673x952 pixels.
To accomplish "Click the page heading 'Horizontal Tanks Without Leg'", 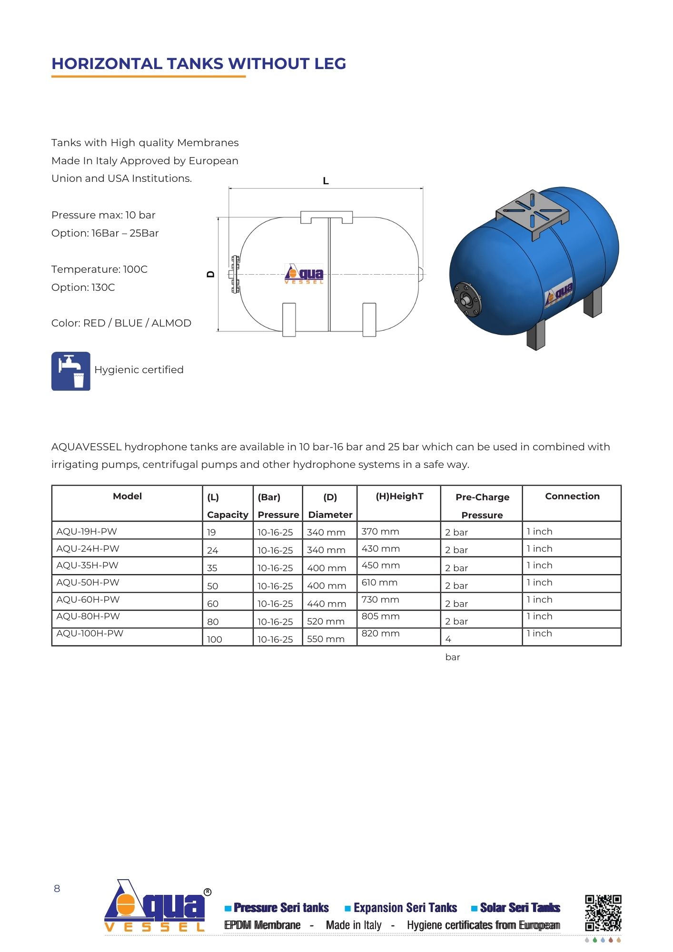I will click(x=198, y=64).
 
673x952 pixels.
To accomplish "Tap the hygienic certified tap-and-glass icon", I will click(x=71, y=371).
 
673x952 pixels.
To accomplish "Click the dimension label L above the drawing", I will click(x=326, y=181).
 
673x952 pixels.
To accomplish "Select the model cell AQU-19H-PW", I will click(x=87, y=531).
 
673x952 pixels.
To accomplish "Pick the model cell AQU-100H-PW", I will click(x=90, y=634).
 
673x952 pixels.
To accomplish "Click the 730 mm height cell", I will click(x=380, y=600).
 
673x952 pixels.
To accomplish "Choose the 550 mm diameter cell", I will click(x=326, y=639).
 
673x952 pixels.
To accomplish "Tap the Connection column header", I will click(x=572, y=496).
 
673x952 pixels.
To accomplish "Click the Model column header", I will click(x=127, y=496).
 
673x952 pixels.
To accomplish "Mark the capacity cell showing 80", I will click(x=213, y=622).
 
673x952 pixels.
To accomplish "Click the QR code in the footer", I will click(x=603, y=913).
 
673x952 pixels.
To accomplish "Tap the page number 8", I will click(x=57, y=889).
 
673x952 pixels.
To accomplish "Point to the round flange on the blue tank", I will click(x=467, y=300).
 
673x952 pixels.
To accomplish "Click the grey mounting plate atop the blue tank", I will click(x=533, y=209).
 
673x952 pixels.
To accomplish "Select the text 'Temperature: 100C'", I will click(x=99, y=269).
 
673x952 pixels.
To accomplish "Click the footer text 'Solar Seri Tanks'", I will click(x=520, y=908).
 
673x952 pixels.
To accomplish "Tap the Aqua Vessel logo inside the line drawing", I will click(x=304, y=274).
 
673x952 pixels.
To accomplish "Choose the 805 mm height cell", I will click(x=380, y=616).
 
